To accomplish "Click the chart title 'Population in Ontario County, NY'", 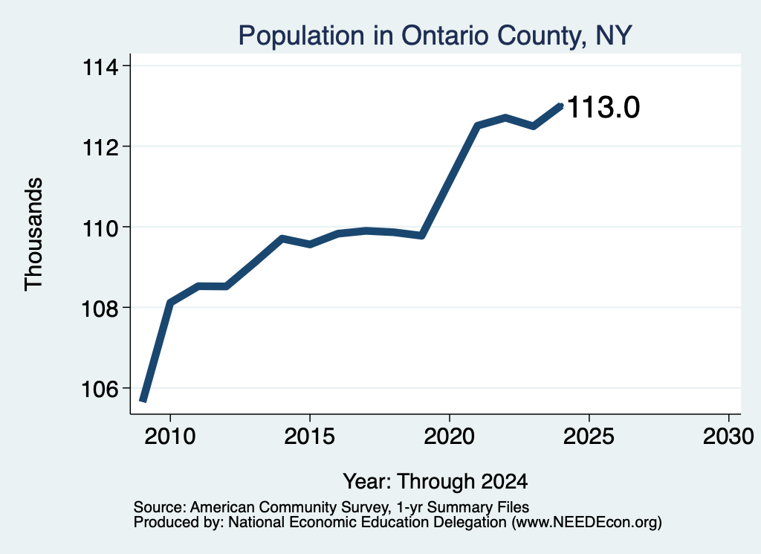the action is coord(435,36).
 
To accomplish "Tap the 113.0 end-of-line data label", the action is coord(603,107).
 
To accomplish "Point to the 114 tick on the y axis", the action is coord(100,67).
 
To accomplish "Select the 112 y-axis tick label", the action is coord(100,147).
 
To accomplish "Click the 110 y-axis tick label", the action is coord(100,228).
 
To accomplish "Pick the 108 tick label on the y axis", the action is coord(100,309).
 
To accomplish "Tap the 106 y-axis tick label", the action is coord(100,390).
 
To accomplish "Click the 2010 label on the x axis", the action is coord(170,437).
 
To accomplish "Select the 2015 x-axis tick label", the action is coord(310,437).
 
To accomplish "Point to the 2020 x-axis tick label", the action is coord(450,437).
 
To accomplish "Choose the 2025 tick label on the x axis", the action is coord(589,437).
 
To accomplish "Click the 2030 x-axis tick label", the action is coord(728,437).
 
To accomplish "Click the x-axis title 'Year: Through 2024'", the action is coord(435,482).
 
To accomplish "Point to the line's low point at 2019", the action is coord(422,236).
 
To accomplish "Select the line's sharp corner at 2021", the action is coord(478,126).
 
